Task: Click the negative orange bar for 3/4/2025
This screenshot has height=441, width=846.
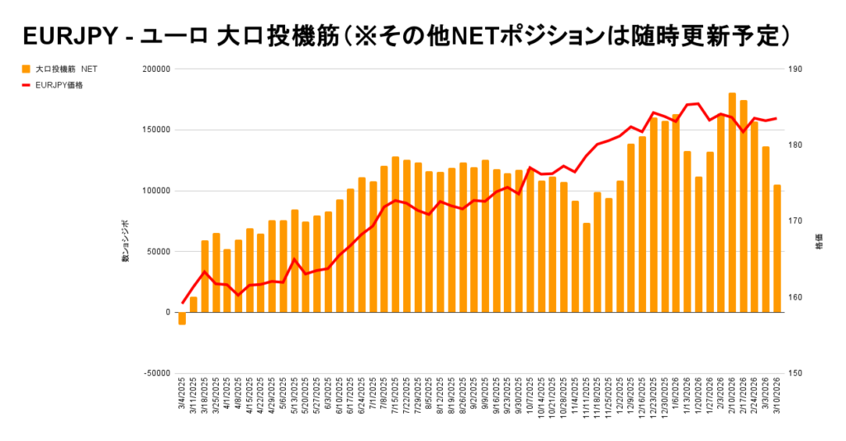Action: click(x=182, y=318)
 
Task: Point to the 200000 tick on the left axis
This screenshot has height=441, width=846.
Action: click(x=155, y=69)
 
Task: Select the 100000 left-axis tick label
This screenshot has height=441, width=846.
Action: click(x=155, y=191)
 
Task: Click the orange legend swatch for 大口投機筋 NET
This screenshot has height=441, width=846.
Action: click(x=26, y=69)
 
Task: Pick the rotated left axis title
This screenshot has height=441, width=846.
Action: click(x=126, y=241)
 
